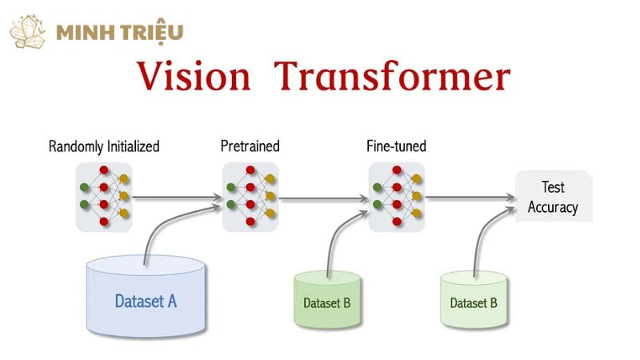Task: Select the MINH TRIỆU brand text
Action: [120, 33]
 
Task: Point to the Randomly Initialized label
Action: [104, 146]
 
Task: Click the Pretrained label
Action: [250, 146]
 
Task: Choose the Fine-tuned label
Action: [396, 146]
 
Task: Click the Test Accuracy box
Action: [553, 197]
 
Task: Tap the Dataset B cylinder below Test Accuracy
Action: [474, 301]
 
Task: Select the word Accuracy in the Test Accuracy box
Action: [553, 207]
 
